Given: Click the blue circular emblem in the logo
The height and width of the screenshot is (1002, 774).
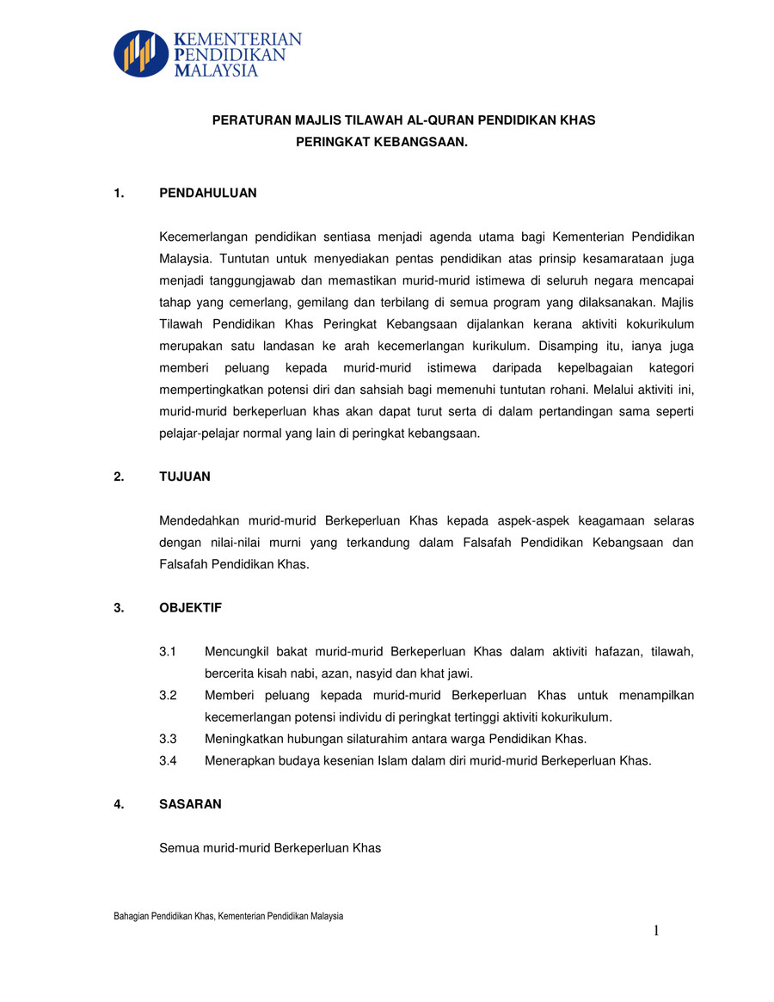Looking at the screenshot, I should coord(141,54).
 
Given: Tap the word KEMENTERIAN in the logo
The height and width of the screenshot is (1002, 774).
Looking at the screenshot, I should coord(237,40).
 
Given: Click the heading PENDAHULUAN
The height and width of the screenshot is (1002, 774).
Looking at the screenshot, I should coord(208,194).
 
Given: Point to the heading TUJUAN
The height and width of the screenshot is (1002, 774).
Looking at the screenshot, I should coord(185,476).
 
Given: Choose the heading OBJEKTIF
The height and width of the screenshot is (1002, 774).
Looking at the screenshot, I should coord(191,608).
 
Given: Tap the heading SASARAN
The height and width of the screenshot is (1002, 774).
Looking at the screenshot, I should coord(191,804).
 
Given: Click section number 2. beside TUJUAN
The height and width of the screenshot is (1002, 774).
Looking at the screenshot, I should coord(119,476).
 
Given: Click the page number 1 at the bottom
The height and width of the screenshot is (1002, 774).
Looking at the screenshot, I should coord(656,931).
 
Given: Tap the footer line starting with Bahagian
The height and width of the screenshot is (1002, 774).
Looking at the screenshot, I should coord(228,917).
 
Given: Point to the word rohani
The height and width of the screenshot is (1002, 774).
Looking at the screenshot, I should coord(556,390).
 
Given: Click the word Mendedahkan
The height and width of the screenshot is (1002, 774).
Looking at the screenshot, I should coord(200,521).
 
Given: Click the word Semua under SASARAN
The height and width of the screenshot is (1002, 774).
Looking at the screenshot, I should coord(180,848).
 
